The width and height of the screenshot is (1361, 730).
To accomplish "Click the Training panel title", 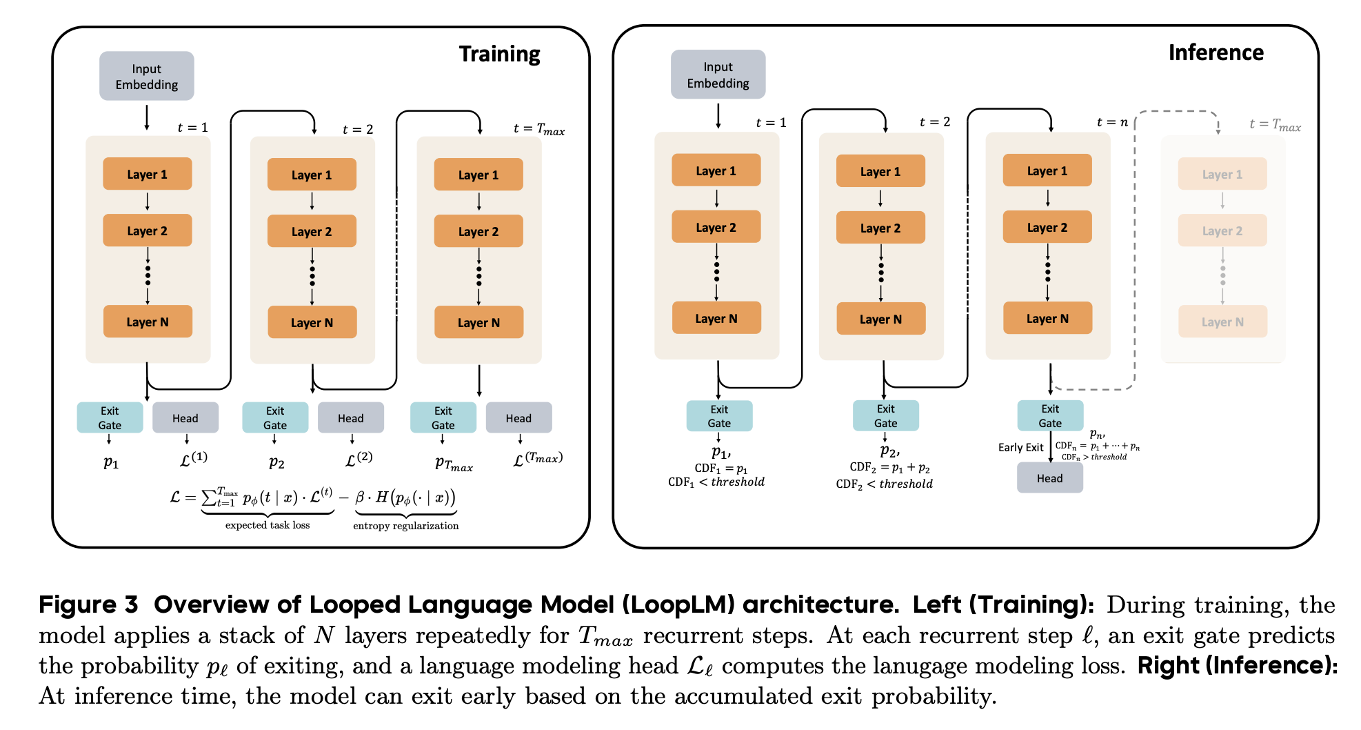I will (499, 54).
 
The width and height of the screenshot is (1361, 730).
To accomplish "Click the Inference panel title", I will (1216, 52).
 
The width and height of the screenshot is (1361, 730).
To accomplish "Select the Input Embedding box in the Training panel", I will (146, 76).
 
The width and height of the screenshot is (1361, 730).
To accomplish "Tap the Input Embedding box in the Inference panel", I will (718, 75).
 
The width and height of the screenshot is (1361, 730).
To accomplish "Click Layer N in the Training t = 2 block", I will (312, 322).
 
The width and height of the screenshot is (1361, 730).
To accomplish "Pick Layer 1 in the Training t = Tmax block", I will (478, 175).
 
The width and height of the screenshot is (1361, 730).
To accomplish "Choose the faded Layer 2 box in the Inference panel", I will (1222, 230).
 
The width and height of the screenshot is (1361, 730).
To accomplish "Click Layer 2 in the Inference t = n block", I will (1047, 227).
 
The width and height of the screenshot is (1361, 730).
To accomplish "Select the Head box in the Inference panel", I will (1049, 478).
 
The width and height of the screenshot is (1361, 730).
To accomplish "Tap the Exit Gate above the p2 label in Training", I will (275, 417).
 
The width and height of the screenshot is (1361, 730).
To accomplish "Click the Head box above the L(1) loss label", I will (185, 417).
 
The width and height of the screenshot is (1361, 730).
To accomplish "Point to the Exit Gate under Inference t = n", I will (1050, 415).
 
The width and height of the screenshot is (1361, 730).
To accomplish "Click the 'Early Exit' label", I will (1020, 447).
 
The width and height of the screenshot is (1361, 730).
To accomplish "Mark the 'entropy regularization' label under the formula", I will (405, 526).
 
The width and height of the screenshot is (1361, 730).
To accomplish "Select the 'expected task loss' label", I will (268, 525).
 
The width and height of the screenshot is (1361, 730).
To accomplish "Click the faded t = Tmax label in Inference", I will (1275, 125).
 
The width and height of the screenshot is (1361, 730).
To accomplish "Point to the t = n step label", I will (1112, 122).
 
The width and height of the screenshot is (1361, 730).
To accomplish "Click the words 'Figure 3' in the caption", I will (88, 604).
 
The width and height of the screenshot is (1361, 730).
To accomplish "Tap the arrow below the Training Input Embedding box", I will (147, 117).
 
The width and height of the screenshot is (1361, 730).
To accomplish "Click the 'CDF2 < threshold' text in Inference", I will (884, 484).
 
